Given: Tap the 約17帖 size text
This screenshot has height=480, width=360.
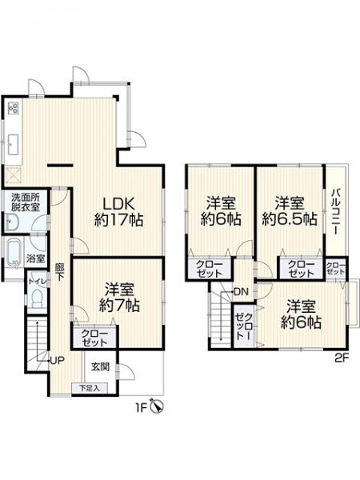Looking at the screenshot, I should click(118, 219).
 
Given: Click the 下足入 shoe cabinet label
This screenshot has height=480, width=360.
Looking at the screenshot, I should click(88, 388).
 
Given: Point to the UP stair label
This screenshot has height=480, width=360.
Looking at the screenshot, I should click(56, 359).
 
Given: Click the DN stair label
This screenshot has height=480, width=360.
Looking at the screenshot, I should click(240, 291).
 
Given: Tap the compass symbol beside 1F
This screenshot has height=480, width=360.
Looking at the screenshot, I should click(155, 408).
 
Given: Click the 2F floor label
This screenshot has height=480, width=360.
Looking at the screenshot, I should click(341, 358).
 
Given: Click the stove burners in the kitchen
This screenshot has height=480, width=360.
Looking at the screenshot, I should click(14, 109).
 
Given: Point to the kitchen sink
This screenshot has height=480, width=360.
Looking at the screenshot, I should click(14, 144).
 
